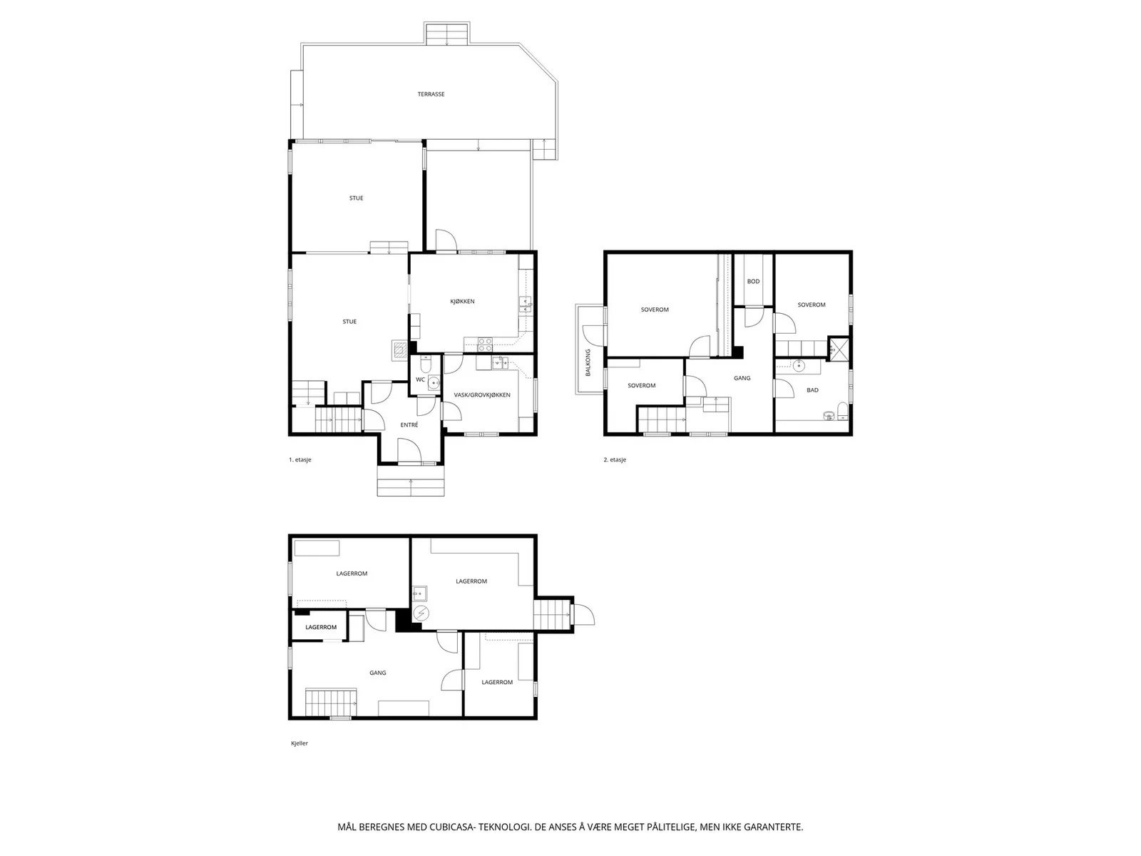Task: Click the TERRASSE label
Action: coord(431,95)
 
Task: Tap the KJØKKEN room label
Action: coord(462,302)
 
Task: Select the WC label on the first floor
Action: coord(420,379)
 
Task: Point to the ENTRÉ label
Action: coord(409,425)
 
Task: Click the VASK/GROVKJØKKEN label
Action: coord(482,395)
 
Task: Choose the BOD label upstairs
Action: coord(753,282)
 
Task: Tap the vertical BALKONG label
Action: coord(588,363)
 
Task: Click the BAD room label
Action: coord(812,390)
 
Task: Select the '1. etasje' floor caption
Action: coord(300,460)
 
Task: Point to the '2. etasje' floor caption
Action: coord(615,460)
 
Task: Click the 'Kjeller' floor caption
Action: coord(300,744)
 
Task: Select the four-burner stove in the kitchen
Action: coord(485,345)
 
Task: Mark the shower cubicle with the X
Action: coord(837,349)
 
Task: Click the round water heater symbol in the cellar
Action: coord(421,614)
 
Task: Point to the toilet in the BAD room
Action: coord(842,411)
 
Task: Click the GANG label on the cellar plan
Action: coord(377,673)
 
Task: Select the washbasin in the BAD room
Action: coord(799,367)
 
